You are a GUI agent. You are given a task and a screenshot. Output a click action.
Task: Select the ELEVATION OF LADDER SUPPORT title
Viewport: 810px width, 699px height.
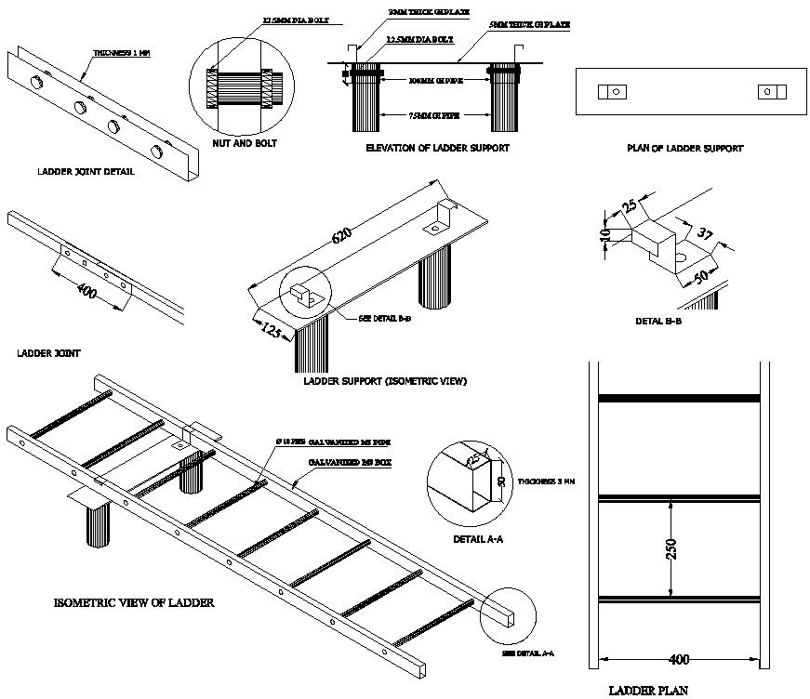pos(437,148)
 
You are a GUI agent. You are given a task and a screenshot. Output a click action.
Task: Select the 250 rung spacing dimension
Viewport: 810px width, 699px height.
pos(672,547)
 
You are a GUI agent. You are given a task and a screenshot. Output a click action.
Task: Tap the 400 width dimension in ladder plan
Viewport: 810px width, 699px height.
pos(679,660)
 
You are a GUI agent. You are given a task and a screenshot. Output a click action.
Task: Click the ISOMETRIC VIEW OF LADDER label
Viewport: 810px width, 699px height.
pos(134,603)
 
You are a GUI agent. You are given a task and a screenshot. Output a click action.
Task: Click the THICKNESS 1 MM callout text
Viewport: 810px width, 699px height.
pos(122,54)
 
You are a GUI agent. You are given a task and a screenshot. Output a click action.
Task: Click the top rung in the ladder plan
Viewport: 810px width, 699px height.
pos(679,399)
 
